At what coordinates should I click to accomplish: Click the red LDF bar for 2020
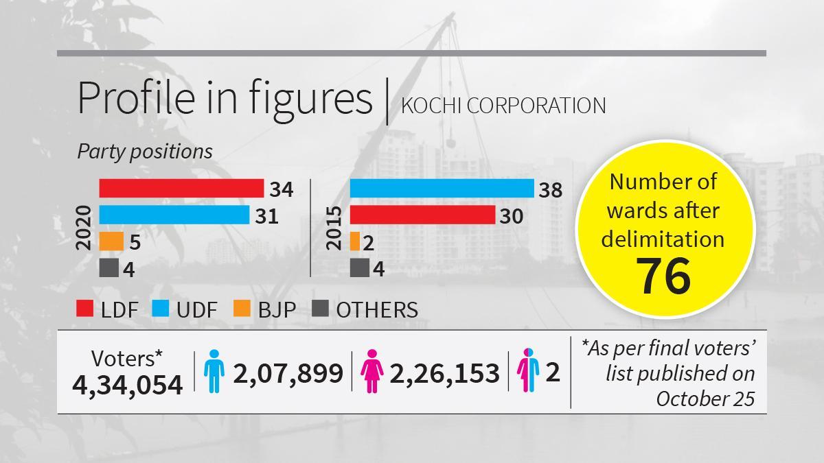[x=181, y=188]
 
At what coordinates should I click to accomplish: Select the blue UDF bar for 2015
[x=442, y=188]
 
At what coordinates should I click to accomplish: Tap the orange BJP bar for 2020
[x=111, y=241]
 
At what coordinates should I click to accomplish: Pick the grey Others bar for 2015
[x=359, y=268]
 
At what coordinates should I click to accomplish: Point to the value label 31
[x=266, y=216]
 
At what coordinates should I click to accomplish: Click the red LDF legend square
[x=84, y=309]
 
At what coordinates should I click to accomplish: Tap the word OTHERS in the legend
[x=376, y=309]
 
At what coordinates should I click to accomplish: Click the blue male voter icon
[x=214, y=371]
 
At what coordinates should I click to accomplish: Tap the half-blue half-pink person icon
[x=528, y=371]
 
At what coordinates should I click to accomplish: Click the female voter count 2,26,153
[x=444, y=373]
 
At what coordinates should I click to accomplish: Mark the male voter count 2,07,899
[x=288, y=373]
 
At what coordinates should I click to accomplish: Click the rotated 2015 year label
[x=334, y=228]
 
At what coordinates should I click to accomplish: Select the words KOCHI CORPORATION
[x=503, y=106]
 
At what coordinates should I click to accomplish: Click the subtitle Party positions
[x=144, y=151]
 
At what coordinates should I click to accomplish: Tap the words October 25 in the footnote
[x=705, y=398]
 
